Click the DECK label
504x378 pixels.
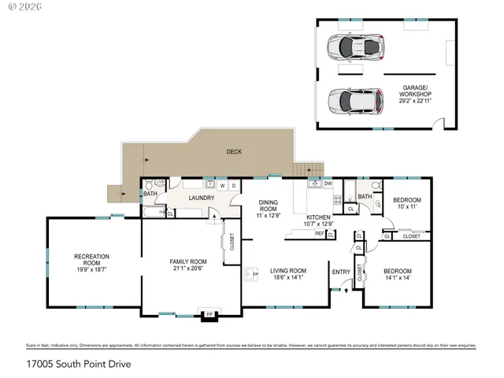(x=234, y=151)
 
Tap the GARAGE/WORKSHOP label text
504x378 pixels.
(x=415, y=91)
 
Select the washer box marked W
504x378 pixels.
(x=223, y=186)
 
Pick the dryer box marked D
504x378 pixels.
(x=234, y=186)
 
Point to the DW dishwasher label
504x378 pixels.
(x=328, y=183)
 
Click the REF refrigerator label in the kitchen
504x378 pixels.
(x=320, y=233)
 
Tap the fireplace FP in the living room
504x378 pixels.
(x=254, y=275)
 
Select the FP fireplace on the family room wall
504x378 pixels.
(x=209, y=315)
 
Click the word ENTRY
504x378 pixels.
(x=341, y=272)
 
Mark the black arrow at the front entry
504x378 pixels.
(x=344, y=290)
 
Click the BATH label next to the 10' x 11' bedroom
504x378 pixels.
(x=365, y=196)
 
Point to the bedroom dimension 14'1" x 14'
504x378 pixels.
(x=398, y=277)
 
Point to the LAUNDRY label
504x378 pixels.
(x=201, y=198)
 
